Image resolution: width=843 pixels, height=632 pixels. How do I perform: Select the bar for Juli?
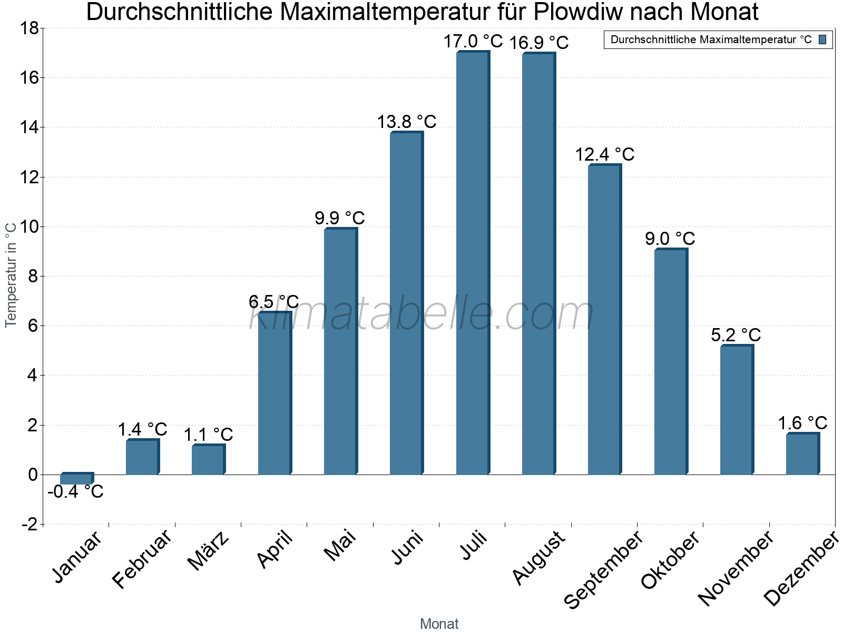[472, 263]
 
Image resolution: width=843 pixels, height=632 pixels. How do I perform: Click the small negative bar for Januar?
[76, 479]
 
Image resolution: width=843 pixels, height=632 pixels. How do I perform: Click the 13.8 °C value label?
[406, 122]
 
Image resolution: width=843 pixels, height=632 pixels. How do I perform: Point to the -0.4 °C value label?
[75, 492]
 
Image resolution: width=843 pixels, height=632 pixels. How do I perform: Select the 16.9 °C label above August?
[539, 43]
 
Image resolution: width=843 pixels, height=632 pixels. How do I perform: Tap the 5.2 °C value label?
[736, 335]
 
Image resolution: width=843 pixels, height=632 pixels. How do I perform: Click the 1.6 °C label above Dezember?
[802, 423]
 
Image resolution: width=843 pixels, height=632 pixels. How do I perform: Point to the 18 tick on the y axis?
[29, 28]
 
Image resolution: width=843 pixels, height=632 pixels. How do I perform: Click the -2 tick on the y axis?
[29, 525]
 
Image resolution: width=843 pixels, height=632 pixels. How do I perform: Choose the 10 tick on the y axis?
[29, 227]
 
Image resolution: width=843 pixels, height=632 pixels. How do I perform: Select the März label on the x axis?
[209, 551]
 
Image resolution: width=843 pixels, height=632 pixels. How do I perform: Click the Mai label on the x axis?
[340, 546]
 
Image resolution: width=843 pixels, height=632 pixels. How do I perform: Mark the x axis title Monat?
[439, 624]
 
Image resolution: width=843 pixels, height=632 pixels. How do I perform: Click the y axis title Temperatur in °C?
[11, 274]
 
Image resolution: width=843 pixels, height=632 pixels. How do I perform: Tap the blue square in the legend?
[823, 39]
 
